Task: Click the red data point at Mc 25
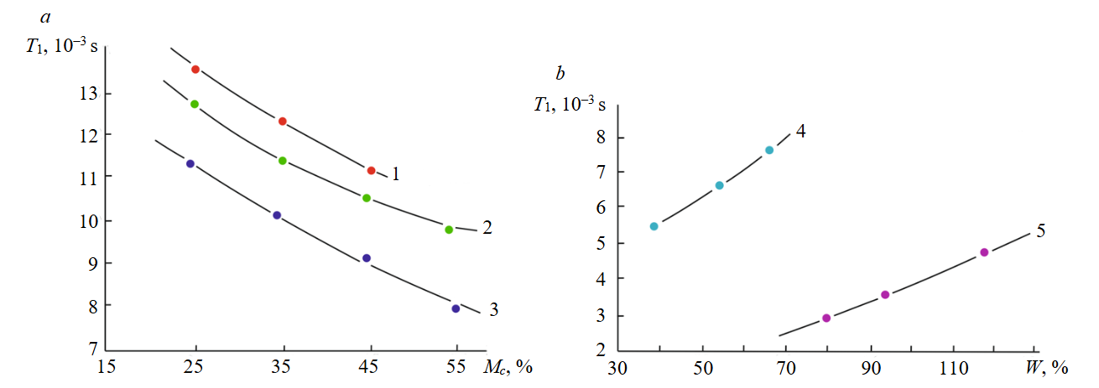[x=195, y=70]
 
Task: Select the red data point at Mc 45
[x=371, y=171]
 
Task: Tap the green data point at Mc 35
[x=283, y=161]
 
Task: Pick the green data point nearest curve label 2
[x=449, y=230]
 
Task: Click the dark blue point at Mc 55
[x=456, y=308]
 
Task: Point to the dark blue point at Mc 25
[x=190, y=164]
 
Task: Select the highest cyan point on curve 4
[x=768, y=151]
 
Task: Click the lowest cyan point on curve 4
[x=654, y=226]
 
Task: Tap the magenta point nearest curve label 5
[x=984, y=252]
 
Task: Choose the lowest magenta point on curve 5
[x=826, y=318]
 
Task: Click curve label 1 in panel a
[x=395, y=175]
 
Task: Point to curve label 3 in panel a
[x=494, y=310]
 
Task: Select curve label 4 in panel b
[x=801, y=132]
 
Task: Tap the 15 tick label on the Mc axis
[x=107, y=367]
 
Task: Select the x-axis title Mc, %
[x=508, y=367]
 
